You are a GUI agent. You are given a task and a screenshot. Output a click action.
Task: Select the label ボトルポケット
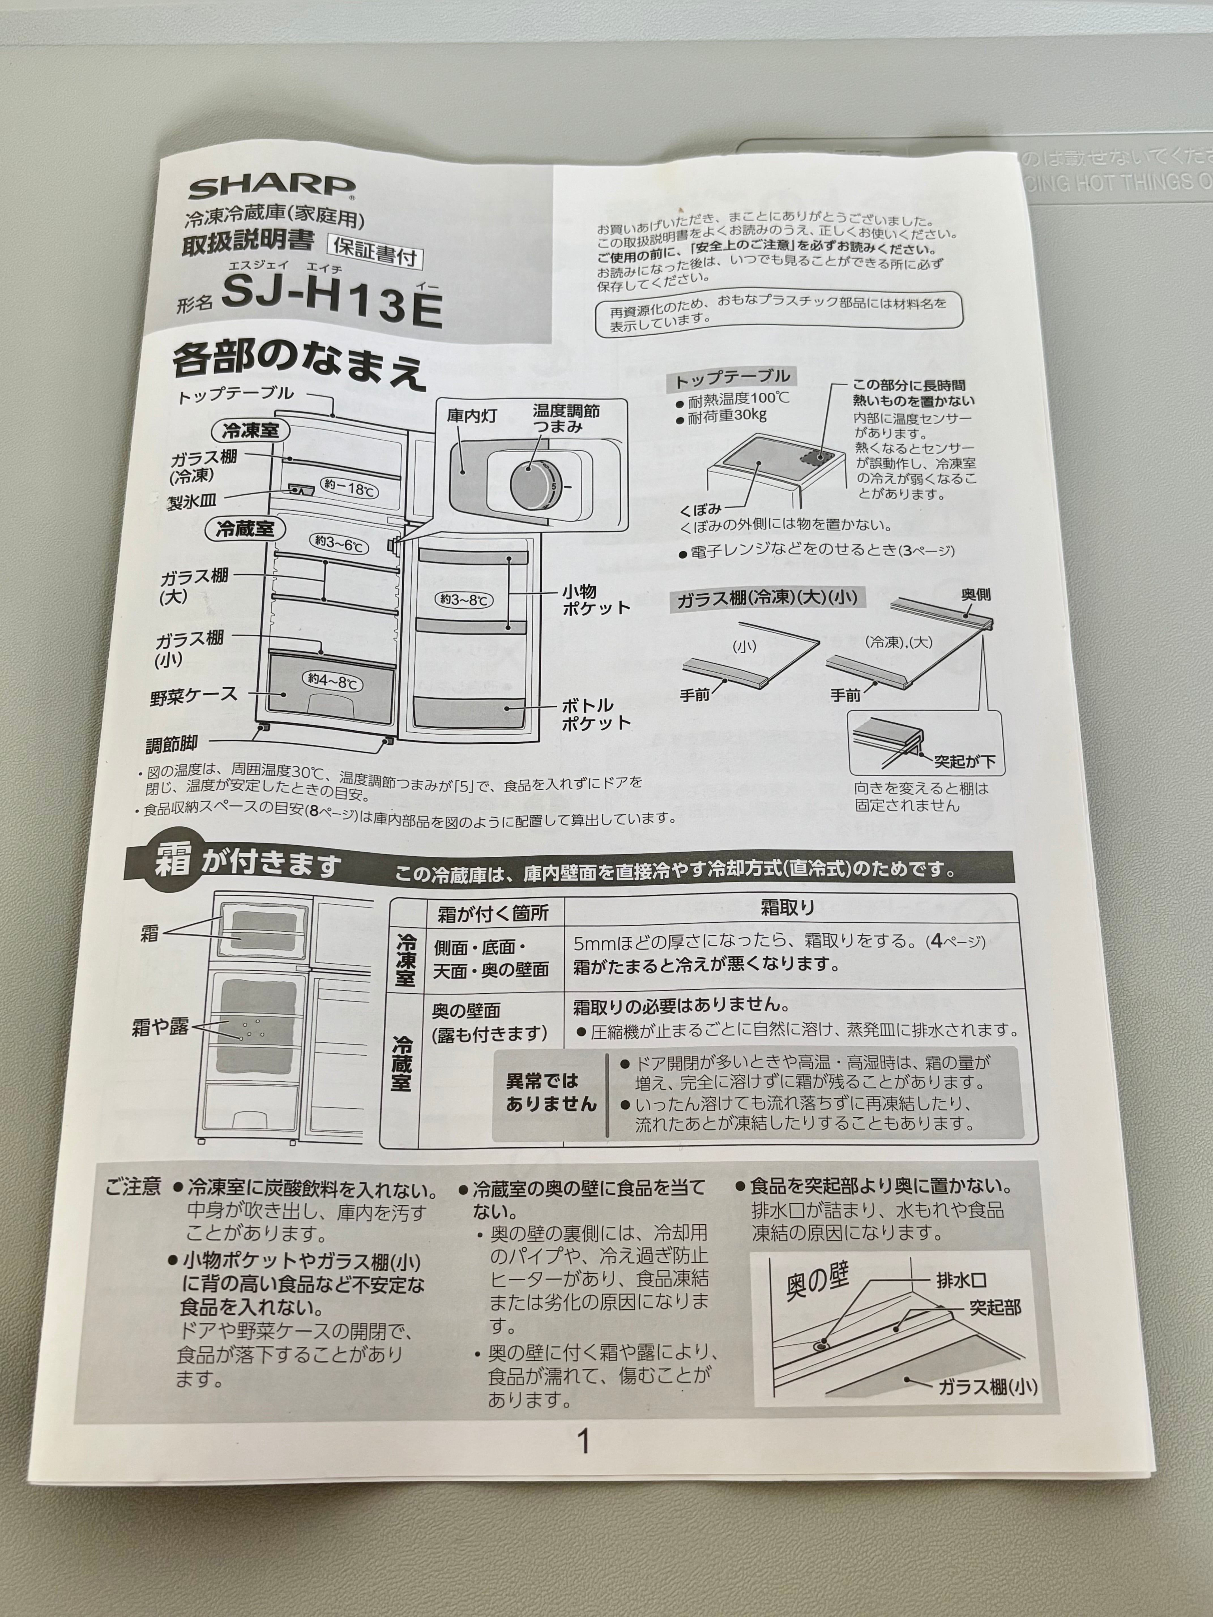coord(596,714)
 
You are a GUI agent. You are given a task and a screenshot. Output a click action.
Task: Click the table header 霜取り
coord(787,908)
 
